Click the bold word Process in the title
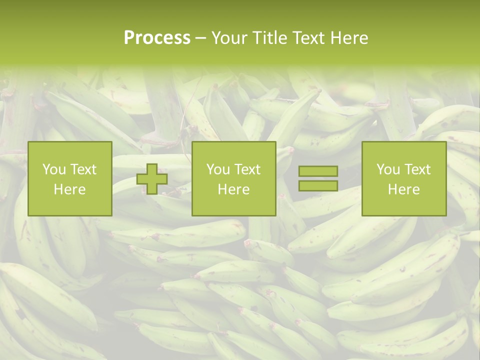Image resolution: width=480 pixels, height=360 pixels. click(157, 38)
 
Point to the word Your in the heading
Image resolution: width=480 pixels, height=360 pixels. click(229, 38)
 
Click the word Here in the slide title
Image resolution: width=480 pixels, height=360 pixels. click(348, 38)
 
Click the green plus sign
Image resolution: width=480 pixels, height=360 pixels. click(152, 179)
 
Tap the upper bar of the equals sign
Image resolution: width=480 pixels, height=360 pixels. click(318, 171)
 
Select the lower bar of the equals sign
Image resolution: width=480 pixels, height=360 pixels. click(318, 185)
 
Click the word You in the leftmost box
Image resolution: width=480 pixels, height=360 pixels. click(54, 169)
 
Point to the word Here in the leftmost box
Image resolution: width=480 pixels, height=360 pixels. click(70, 189)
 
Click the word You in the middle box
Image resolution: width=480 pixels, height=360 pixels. click(218, 169)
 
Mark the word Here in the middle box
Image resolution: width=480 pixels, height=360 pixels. click(234, 189)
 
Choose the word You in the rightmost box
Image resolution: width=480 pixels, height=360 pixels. click(388, 169)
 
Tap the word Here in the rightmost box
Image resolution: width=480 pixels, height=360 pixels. click(404, 189)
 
